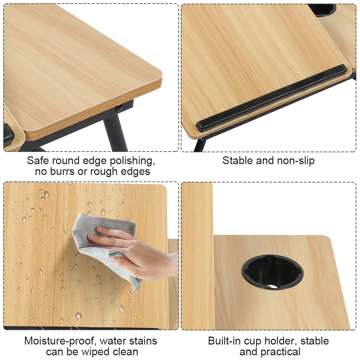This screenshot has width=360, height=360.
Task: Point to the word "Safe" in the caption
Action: pyautogui.click(x=38, y=161)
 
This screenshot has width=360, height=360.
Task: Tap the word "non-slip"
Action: pyautogui.click(x=295, y=161)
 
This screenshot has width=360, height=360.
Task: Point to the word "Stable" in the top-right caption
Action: pyautogui.click(x=238, y=161)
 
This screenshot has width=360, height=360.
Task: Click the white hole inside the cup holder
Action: pyautogui.click(x=273, y=287)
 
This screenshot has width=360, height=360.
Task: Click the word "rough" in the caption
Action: pyautogui.click(x=104, y=171)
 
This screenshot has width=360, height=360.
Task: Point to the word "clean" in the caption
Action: pyautogui.click(x=126, y=352)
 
